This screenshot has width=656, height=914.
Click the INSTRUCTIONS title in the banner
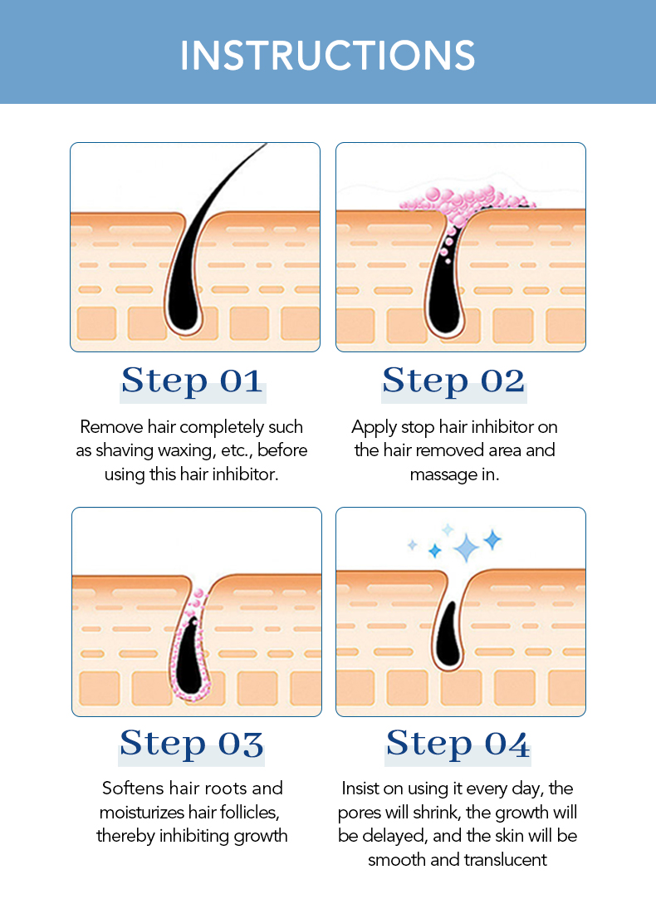327,56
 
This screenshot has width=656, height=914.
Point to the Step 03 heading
192,744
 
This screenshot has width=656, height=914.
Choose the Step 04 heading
458,744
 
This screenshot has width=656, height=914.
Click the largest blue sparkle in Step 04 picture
466,548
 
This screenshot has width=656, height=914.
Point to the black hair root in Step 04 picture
448,638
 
